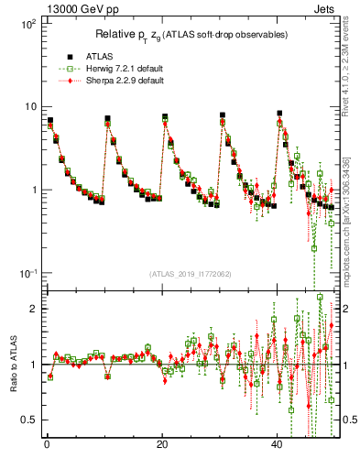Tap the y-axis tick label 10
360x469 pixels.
click(x=28, y=106)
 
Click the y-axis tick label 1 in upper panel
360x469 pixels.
click(x=32, y=190)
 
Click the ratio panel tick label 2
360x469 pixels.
click(x=32, y=309)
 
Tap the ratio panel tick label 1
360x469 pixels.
click(x=32, y=365)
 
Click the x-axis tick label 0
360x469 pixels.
click(x=46, y=444)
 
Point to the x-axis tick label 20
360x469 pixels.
click(x=162, y=444)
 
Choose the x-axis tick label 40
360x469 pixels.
click(x=278, y=444)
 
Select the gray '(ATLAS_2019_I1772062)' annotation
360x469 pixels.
click(x=189, y=274)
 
